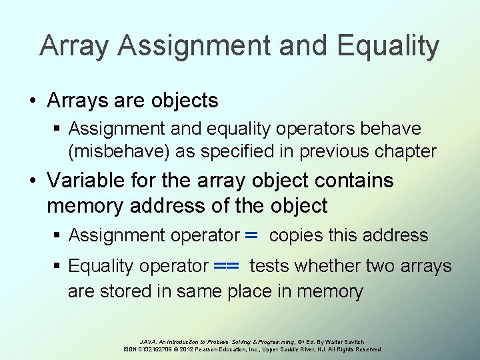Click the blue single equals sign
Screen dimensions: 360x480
(251, 235)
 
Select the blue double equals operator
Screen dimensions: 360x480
(227, 266)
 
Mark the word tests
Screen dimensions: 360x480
(269, 266)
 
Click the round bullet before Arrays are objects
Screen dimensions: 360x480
(33, 101)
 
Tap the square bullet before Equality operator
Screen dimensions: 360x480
(59, 267)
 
